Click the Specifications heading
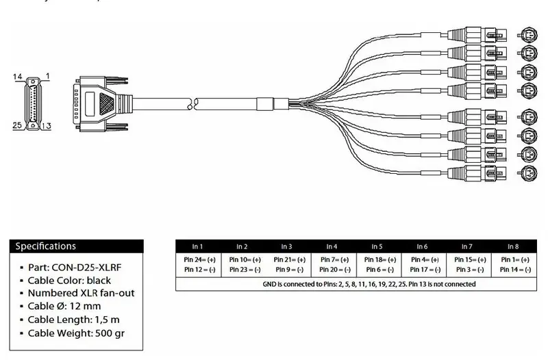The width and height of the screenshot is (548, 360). (46, 246)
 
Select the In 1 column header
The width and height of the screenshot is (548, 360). (197, 246)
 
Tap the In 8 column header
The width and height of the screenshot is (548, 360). (512, 246)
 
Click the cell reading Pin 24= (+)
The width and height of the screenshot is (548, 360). (197, 260)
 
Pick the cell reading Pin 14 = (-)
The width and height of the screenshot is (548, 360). (512, 271)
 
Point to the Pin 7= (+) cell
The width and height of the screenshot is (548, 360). (332, 260)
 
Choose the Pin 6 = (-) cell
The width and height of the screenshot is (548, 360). (377, 271)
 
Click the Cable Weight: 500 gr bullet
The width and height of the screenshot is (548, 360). (76, 333)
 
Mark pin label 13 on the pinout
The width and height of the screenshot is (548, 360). (47, 125)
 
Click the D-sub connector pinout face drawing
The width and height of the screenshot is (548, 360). (33, 101)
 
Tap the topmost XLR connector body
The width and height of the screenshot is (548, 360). (473, 34)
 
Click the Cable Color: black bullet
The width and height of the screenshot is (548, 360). (69, 281)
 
